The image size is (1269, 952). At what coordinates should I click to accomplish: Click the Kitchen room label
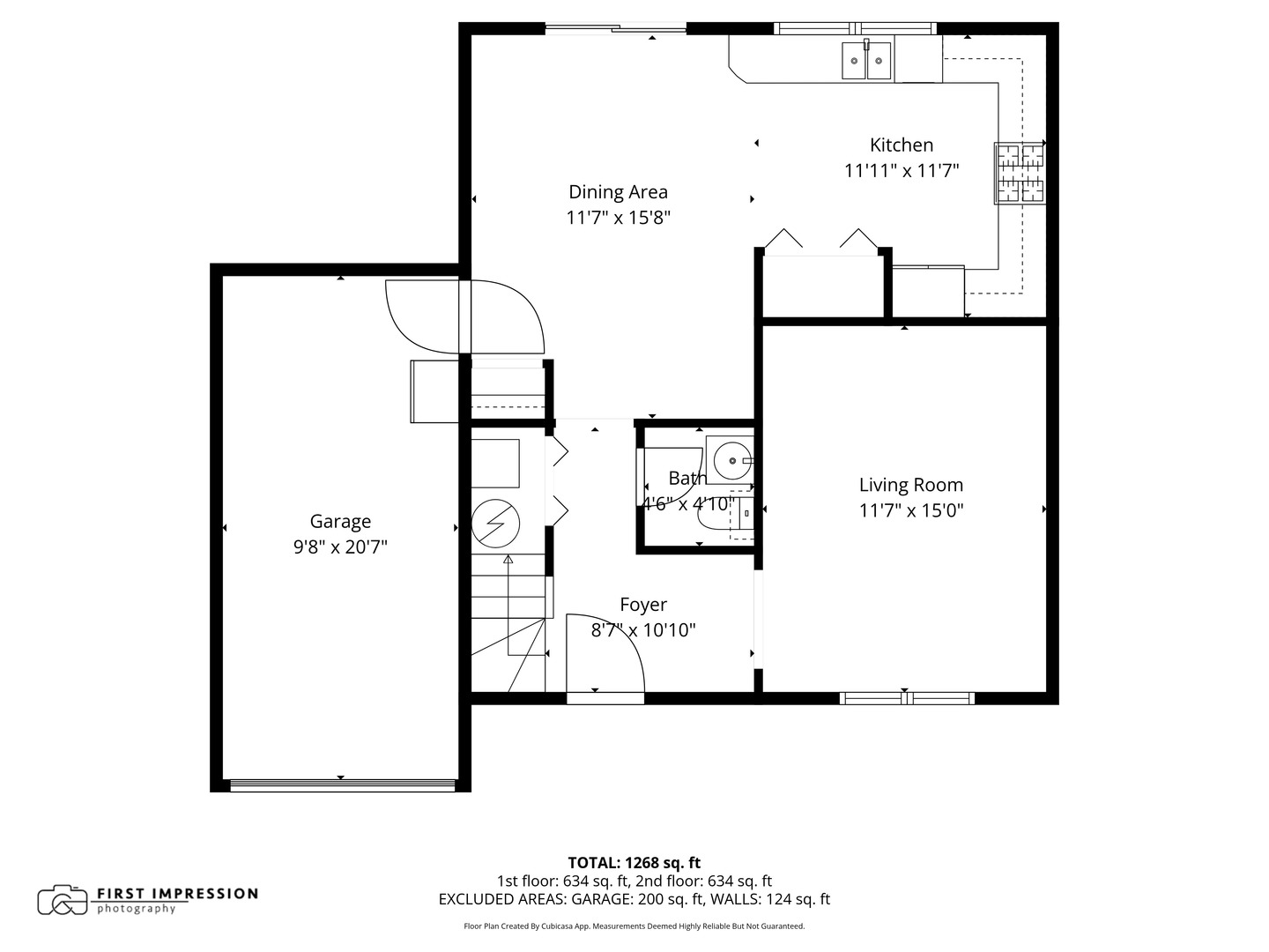click(901, 145)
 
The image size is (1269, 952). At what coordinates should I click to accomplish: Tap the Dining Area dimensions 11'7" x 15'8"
click(618, 218)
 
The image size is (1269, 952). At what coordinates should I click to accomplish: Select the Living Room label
click(910, 485)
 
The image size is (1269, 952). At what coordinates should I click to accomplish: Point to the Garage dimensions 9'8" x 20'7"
click(340, 547)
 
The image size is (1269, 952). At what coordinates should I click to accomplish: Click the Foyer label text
click(642, 605)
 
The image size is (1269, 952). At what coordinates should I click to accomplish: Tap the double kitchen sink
click(866, 61)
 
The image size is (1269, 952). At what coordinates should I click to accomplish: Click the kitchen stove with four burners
click(1020, 173)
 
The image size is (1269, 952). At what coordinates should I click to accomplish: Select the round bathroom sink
click(731, 459)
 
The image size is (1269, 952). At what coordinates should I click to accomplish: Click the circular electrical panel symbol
click(494, 524)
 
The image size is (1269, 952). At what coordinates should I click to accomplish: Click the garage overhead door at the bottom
click(342, 785)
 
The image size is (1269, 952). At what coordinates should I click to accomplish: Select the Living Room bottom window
click(907, 698)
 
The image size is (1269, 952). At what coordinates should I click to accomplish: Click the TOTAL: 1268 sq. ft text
click(634, 863)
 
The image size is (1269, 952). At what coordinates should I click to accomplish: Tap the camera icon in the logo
click(63, 900)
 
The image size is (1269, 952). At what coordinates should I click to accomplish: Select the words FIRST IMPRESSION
click(176, 894)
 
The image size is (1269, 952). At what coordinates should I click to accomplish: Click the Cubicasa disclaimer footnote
click(634, 926)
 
